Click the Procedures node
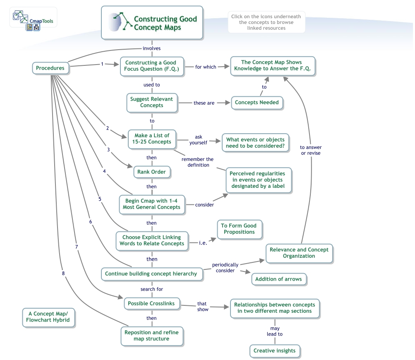pos(50,68)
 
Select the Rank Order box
pos(152,172)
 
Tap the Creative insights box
pos(274,351)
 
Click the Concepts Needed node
pos(257,103)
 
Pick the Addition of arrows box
pos(279,279)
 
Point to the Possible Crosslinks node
pos(151,304)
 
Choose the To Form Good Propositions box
pos(239,229)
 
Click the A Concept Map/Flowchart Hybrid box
pos(48,317)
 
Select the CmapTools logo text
pos(41,21)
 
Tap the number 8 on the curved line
pos(63,273)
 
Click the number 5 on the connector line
pos(100,199)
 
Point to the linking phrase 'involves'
pos(152,48)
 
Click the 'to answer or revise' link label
pos(311,150)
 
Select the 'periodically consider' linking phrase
pos(225,268)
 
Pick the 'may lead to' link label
pos(275,331)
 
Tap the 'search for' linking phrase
pos(152,289)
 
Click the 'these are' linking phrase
pos(204,103)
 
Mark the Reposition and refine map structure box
pos(152,336)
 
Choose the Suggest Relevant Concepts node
pos(152,103)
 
